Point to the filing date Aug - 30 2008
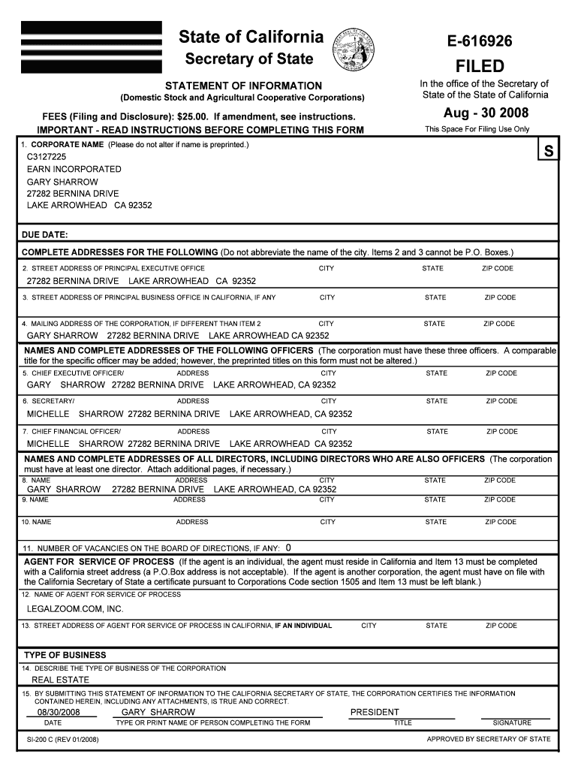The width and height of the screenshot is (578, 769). tap(486, 113)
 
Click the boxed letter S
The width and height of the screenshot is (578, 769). tap(549, 151)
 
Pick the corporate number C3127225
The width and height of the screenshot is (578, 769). tap(47, 157)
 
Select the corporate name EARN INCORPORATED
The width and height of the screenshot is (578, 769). tap(74, 169)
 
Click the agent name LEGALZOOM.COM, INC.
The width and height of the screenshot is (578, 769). tap(75, 608)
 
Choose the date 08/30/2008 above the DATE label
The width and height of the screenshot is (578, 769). tap(59, 712)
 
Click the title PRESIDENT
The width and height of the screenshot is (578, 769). tap(375, 712)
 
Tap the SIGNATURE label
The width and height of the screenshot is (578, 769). tap(511, 723)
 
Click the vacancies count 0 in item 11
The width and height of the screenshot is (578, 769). tap(288, 547)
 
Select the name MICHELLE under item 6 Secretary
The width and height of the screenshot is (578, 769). tap(48, 414)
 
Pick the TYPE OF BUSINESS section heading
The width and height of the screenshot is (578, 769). tap(65, 655)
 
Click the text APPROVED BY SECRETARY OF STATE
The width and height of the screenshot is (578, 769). tap(488, 739)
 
